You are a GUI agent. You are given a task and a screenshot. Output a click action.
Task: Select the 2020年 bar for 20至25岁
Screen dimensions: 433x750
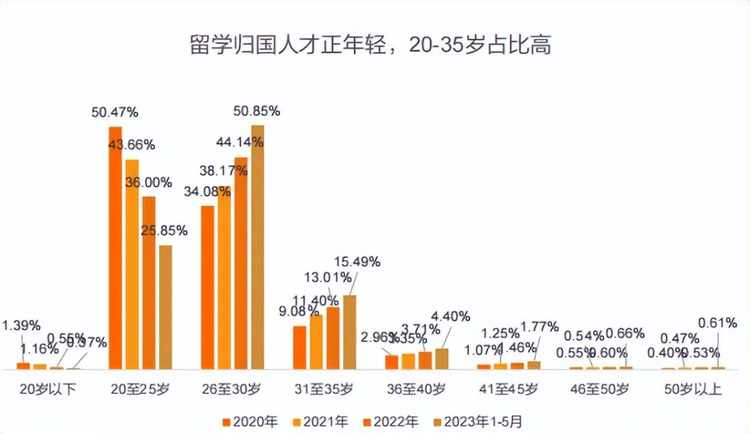(115, 248)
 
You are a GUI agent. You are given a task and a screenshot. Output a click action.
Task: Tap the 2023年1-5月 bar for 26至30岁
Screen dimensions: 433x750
(258, 247)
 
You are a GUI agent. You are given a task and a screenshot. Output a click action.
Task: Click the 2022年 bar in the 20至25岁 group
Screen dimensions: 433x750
(149, 282)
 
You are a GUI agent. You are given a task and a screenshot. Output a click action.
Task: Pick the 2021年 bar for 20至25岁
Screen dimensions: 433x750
(132, 264)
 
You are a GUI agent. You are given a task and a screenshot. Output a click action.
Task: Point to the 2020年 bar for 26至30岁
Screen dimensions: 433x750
(207, 287)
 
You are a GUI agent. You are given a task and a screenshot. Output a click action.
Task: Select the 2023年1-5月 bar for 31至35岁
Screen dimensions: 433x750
(349, 332)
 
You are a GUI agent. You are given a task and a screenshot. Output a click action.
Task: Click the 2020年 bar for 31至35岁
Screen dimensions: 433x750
(299, 347)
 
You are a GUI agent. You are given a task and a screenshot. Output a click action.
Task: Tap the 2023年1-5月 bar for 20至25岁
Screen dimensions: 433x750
(165, 307)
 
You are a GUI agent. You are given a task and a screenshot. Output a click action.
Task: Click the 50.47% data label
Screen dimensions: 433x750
(115, 112)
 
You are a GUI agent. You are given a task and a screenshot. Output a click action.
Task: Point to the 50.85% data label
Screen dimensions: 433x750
(256, 110)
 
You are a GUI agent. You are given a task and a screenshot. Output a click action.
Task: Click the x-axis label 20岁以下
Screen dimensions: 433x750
(48, 389)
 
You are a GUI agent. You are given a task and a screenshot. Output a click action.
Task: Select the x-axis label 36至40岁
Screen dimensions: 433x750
(417, 389)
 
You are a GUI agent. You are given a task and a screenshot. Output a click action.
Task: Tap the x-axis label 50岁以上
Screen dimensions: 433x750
(692, 389)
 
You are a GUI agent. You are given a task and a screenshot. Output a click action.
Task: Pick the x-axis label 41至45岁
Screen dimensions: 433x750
(508, 389)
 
